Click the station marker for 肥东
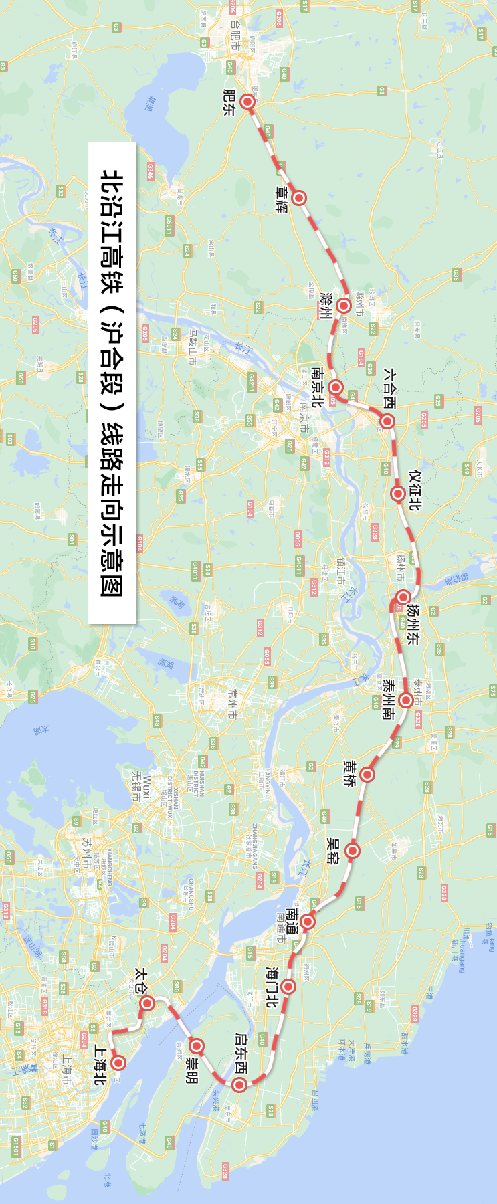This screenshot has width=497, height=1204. (248, 102)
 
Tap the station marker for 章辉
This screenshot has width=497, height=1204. (299, 197)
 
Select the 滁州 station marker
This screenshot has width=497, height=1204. (344, 306)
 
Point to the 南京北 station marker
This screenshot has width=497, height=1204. (336, 387)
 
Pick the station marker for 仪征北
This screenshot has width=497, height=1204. (398, 494)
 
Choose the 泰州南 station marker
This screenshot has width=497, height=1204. (405, 700)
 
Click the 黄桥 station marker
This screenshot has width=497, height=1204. (367, 775)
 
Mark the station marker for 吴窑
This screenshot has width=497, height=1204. (353, 851)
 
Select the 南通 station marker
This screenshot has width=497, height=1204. (308, 922)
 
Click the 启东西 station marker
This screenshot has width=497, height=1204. (239, 1085)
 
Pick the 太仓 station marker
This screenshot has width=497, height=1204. (148, 1003)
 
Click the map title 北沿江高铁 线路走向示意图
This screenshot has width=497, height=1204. (112, 383)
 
